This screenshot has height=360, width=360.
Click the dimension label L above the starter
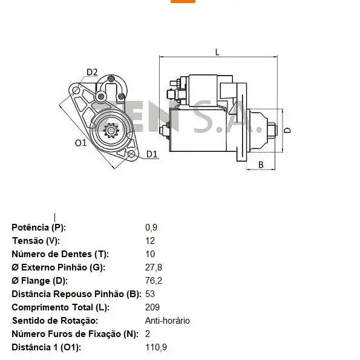pos(217,52)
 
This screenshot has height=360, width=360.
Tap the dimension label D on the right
pos(288,130)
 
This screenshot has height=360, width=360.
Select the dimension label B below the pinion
pos(261,164)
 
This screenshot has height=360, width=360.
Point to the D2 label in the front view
pos(91,73)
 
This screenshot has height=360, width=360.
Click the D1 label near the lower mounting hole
pos(151,154)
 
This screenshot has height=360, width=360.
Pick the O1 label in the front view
pos(80,143)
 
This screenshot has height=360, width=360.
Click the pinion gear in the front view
pos(112,130)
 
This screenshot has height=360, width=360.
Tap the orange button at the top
pos(183,2)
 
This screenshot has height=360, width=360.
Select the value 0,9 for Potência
pos(151,227)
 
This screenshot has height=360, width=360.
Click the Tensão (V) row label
pos(36,241)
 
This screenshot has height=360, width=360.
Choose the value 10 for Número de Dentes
pos(150,254)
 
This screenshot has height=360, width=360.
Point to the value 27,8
pos(154,267)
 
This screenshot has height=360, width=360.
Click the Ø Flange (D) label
pos(40,281)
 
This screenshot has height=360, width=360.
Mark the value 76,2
pos(154,281)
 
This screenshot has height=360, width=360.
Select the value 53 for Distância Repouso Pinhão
pos(150,294)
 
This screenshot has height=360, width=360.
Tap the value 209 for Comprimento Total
pos(152,307)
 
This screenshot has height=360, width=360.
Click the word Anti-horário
pos(167,321)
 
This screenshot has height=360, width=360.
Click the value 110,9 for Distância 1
pos(156,347)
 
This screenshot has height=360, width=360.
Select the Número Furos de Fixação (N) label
pos(74,334)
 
